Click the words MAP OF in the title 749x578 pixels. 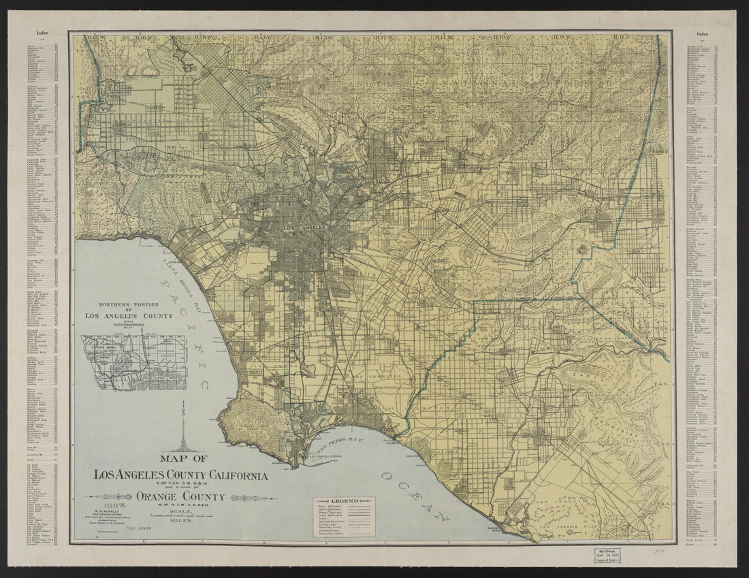(x=180, y=458)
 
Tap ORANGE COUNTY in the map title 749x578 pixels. (x=180, y=496)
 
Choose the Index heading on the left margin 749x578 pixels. (x=42, y=32)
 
